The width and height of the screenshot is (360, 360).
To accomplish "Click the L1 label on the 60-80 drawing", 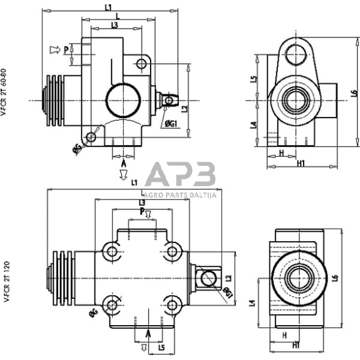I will (x=108, y=7).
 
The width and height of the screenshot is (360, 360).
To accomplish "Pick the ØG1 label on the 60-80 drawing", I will (x=171, y=124).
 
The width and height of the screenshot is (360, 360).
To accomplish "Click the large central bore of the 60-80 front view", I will (x=122, y=100).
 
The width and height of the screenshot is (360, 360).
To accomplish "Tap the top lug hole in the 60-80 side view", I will (x=299, y=51).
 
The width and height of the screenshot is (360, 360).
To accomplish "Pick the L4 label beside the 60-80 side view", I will (x=253, y=126).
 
